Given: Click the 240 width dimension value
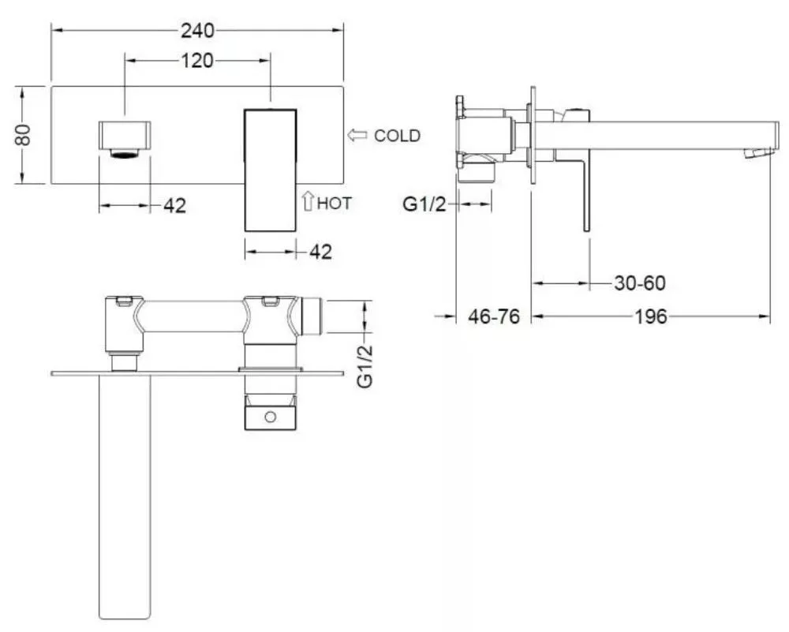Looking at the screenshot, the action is pyautogui.click(x=197, y=31).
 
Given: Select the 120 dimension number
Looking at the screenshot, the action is pyautogui.click(x=196, y=61).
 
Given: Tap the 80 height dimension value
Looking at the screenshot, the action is pyautogui.click(x=24, y=135).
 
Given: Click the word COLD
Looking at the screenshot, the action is pyautogui.click(x=397, y=136).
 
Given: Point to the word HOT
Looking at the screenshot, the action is pyautogui.click(x=335, y=204).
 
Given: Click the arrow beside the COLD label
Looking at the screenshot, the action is pyautogui.click(x=357, y=135).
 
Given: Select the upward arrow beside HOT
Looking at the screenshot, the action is pyautogui.click(x=308, y=200).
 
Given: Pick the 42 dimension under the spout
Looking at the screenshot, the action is pyautogui.click(x=174, y=205).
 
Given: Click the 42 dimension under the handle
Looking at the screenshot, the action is pyautogui.click(x=320, y=252).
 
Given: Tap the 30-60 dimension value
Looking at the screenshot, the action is pyautogui.click(x=640, y=282).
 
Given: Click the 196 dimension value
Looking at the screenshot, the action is pyautogui.click(x=651, y=316).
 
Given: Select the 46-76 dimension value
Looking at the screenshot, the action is pyautogui.click(x=494, y=316).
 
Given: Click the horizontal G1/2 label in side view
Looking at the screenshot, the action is pyautogui.click(x=424, y=205).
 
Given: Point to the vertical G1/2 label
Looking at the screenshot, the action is pyautogui.click(x=365, y=366).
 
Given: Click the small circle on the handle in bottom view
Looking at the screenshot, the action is pyautogui.click(x=270, y=417).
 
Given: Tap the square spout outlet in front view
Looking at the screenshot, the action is pyautogui.click(x=125, y=139).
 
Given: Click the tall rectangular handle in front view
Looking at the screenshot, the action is pyautogui.click(x=270, y=170).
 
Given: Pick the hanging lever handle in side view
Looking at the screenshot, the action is pyautogui.click(x=586, y=196).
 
